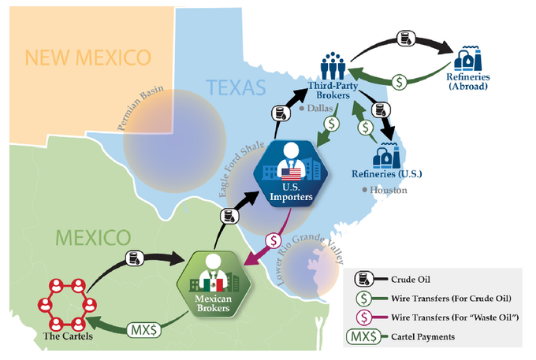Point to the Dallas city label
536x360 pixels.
click(x=321, y=109)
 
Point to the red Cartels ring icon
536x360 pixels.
click(x=68, y=306)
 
